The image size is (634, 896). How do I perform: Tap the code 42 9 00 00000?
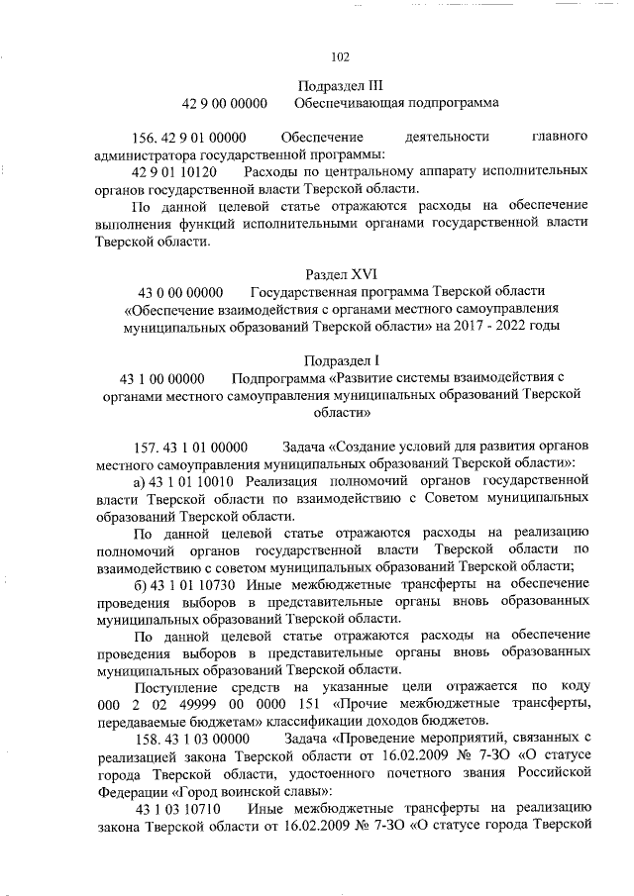[225, 102]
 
